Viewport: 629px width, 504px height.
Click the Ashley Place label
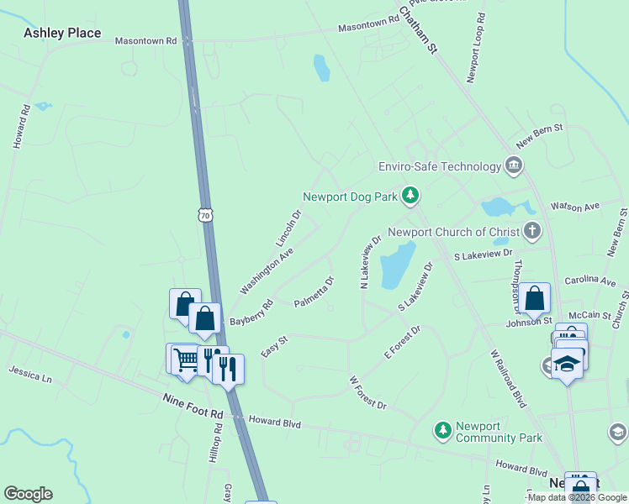(62, 34)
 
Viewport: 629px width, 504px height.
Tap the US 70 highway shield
(206, 215)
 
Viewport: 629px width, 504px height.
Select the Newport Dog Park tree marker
(410, 197)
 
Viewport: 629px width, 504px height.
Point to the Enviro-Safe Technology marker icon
(513, 165)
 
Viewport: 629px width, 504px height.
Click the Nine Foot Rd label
(193, 414)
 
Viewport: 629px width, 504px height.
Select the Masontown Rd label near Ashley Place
(145, 40)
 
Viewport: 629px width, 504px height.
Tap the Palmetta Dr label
(314, 291)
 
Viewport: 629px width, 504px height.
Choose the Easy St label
(274, 346)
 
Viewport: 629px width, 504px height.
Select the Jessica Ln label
(30, 374)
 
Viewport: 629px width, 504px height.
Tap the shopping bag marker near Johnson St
(534, 297)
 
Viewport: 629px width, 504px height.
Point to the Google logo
(28, 494)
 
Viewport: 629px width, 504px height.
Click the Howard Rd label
(21, 127)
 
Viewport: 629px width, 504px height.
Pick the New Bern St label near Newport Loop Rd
(539, 136)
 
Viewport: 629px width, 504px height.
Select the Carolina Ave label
(591, 280)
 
